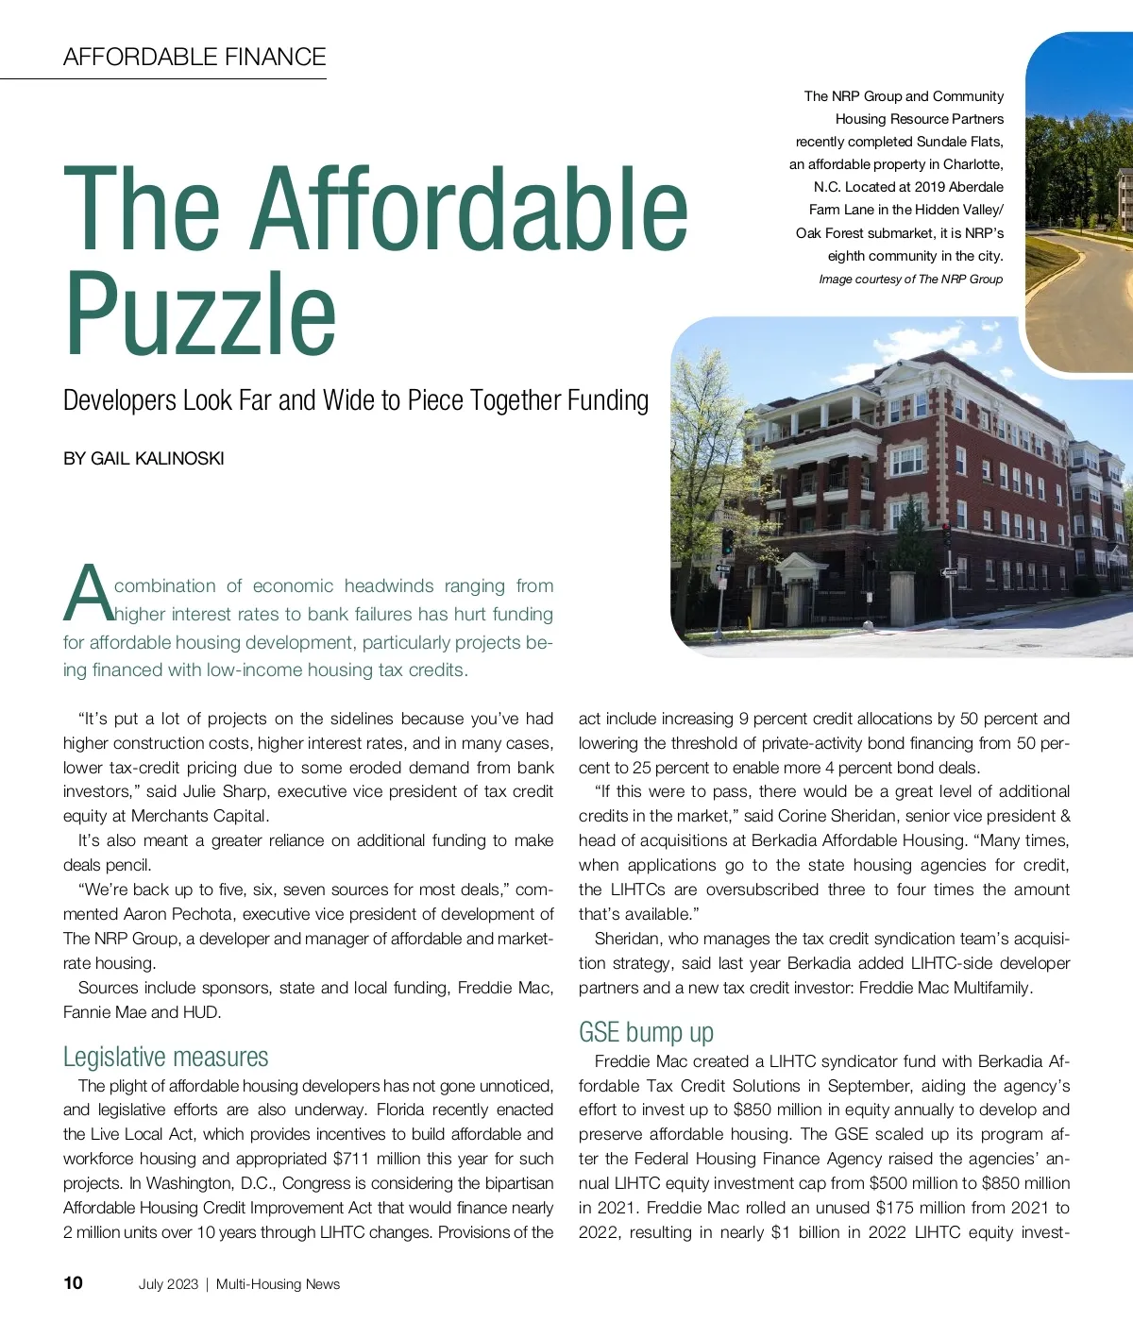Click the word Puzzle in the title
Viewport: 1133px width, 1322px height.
(200, 314)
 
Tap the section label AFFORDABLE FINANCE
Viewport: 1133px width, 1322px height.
(194, 57)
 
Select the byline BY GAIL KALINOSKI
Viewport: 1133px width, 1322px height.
(144, 459)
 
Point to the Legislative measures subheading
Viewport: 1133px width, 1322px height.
(165, 1057)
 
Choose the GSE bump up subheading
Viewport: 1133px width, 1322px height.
(646, 1032)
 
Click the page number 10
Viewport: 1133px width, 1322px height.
(73, 1282)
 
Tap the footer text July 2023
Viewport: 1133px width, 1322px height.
(168, 1284)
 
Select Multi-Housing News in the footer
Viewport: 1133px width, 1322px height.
(278, 1284)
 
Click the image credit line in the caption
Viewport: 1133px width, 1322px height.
(910, 280)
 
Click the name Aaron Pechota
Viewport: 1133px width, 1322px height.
(180, 914)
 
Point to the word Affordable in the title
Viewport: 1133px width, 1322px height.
(472, 210)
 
